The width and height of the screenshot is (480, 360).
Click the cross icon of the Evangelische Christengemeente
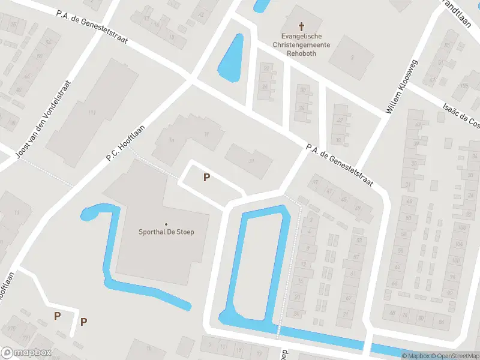[x=301, y=26]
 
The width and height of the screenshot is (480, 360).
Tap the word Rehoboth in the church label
[x=301, y=53]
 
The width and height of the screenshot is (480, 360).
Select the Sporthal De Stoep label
[x=166, y=232]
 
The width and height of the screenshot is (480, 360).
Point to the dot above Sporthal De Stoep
[x=166, y=224]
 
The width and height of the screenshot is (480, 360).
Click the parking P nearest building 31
[x=206, y=177]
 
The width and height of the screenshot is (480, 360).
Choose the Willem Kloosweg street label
[x=402, y=87]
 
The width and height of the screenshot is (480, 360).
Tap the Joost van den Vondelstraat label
[x=44, y=121]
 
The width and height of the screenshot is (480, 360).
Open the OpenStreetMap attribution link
[x=455, y=356]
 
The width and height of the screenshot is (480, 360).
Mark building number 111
[x=92, y=112]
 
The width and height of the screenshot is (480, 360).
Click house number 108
[x=462, y=227]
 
